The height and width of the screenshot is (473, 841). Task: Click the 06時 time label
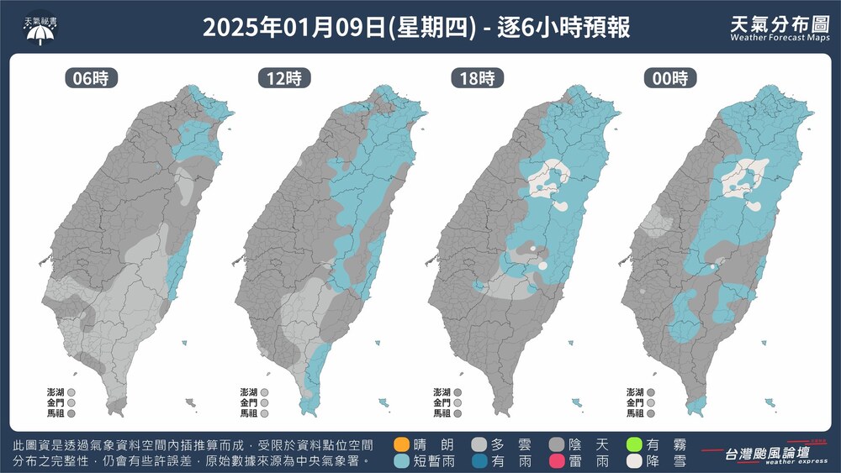(91, 79)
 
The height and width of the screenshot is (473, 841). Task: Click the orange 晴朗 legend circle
(401, 444)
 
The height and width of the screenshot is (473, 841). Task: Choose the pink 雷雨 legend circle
(556, 460)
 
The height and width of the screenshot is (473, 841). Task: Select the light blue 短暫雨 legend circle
(401, 460)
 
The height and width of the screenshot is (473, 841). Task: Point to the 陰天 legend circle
(556, 444)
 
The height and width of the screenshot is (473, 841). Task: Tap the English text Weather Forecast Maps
(780, 38)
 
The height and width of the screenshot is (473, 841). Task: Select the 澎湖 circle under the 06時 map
(71, 392)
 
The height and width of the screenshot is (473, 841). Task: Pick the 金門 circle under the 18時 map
(458, 402)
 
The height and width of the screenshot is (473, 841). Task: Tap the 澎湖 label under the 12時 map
(248, 392)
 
